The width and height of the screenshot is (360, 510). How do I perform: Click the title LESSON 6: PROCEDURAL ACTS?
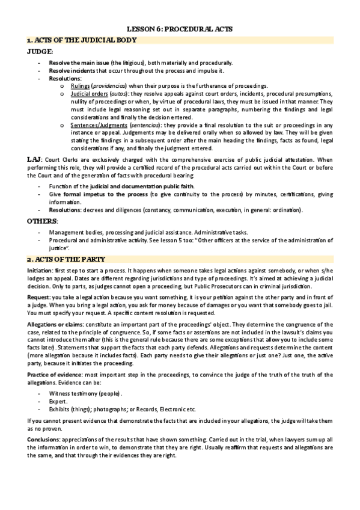pyautogui.click(x=180, y=28)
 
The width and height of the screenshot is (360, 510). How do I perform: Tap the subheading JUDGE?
pyautogui.click(x=40, y=52)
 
